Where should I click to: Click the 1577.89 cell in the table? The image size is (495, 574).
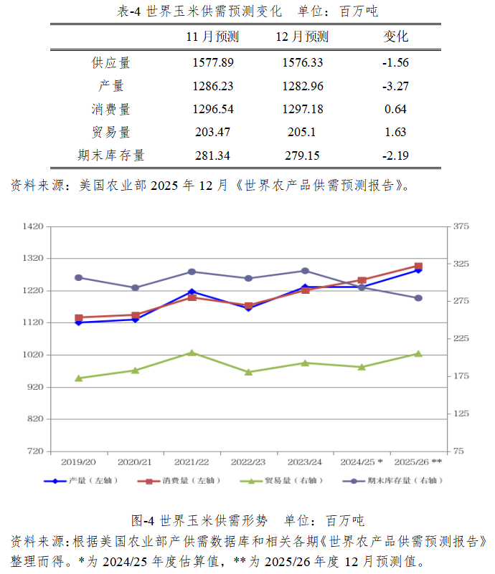tap(213, 62)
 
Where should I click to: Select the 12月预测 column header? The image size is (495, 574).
tap(302, 37)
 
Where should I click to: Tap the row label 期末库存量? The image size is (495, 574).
tap(110, 155)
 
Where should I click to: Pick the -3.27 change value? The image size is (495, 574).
tap(395, 86)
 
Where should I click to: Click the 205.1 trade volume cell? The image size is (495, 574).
tap(302, 132)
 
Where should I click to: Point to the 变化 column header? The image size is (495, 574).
tap(395, 37)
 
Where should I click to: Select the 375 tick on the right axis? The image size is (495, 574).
tap(460, 226)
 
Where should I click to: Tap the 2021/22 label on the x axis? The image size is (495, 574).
tap(192, 462)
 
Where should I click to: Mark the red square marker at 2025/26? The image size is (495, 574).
tap(419, 266)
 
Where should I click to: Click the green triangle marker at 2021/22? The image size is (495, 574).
tap(192, 353)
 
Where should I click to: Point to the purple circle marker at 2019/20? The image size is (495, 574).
tap(79, 277)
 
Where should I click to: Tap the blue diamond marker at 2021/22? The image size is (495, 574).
tap(192, 292)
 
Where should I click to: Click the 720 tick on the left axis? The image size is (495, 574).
tap(36, 451)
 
